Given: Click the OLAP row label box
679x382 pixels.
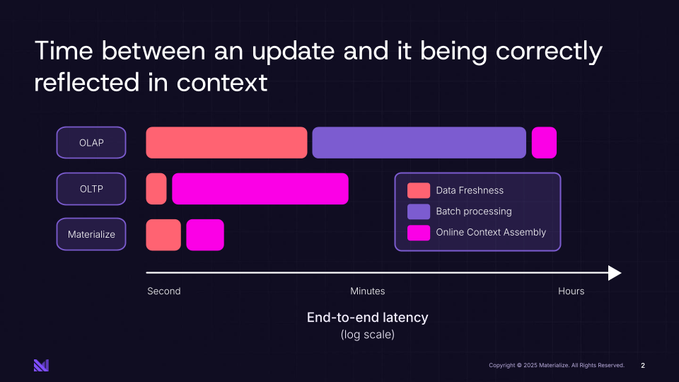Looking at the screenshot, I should [91, 143].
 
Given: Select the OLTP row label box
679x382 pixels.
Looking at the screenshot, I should [91, 189].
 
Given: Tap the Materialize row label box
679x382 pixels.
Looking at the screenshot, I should [91, 235].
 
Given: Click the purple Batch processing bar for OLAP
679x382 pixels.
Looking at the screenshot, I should [419, 143].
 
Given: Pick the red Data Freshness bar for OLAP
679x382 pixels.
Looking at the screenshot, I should [226, 143].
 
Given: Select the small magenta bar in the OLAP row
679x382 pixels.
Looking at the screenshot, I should [544, 143].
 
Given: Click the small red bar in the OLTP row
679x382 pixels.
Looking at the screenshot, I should [156, 189].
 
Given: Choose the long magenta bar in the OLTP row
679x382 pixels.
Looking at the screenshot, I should [260, 189].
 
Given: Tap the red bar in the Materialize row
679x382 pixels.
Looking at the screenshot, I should [163, 235].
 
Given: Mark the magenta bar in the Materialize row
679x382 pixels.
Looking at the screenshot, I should [205, 235].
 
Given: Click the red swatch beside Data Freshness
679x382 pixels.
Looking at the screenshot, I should [418, 190].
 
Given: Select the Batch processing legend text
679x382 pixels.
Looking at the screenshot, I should [473, 212].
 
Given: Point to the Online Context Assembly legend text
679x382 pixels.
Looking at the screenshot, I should [491, 232].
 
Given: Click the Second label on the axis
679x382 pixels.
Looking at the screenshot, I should [164, 291].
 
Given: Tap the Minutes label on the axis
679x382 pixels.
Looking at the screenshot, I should [368, 291].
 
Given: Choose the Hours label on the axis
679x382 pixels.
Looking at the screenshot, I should [571, 291].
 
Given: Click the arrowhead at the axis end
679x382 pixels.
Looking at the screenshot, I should [615, 273].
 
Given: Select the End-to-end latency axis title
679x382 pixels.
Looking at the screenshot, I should [367, 318].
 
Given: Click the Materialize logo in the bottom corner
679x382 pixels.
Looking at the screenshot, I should [41, 365].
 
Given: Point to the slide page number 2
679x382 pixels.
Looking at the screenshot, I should [643, 366].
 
